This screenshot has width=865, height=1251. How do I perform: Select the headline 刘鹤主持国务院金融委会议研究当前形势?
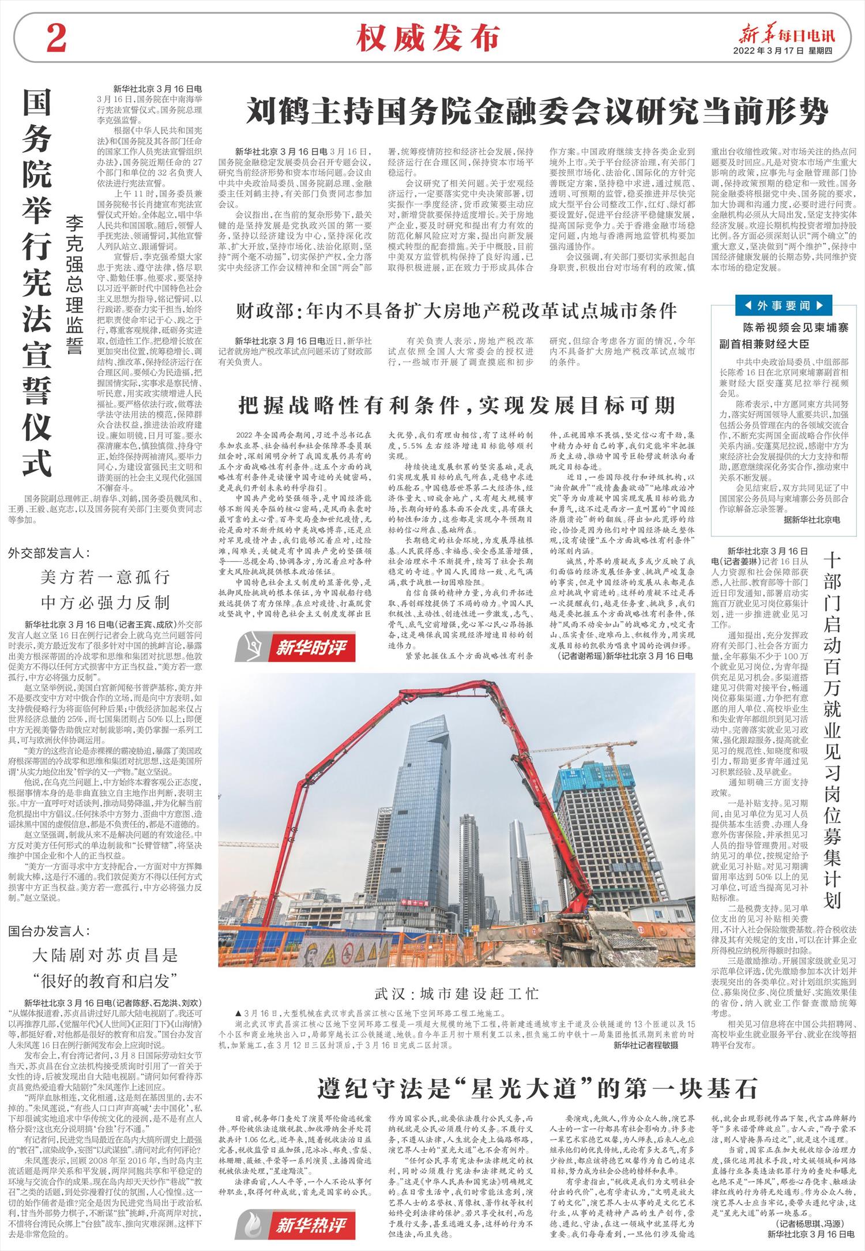coord(537,112)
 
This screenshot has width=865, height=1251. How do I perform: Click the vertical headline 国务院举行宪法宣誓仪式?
coord(37,283)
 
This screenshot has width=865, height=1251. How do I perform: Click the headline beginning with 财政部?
coord(456,311)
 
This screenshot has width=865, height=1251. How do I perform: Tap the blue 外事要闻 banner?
coord(784,305)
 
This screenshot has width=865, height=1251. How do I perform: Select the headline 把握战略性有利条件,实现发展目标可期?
coord(456,405)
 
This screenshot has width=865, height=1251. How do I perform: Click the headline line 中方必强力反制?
coord(105,603)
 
